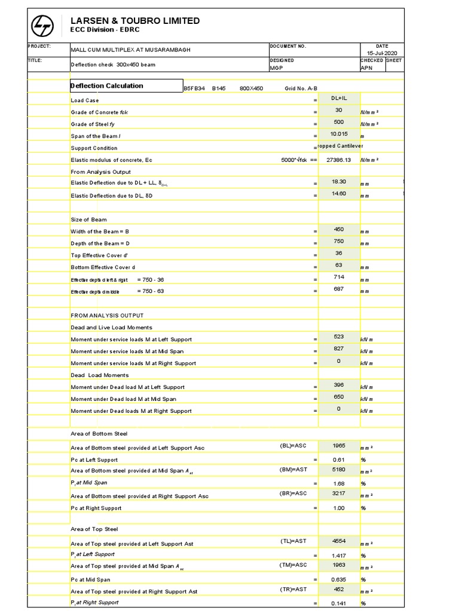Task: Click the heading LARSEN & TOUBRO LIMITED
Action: [x=135, y=21]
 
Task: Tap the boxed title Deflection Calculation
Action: [x=107, y=86]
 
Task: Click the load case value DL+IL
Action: [x=339, y=98]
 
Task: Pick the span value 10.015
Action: [x=339, y=134]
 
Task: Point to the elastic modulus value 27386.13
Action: [x=339, y=160]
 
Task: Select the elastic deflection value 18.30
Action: [x=339, y=181]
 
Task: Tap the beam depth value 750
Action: [x=339, y=241]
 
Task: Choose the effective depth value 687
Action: [x=339, y=289]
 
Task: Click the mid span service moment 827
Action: [x=339, y=348]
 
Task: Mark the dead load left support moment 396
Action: [x=339, y=385]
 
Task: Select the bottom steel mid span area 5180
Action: [x=339, y=470]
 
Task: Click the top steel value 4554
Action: [x=339, y=541]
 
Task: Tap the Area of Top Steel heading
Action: [x=94, y=529]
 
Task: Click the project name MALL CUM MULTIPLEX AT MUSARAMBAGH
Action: [x=131, y=50]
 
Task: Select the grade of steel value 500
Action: [x=339, y=122]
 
